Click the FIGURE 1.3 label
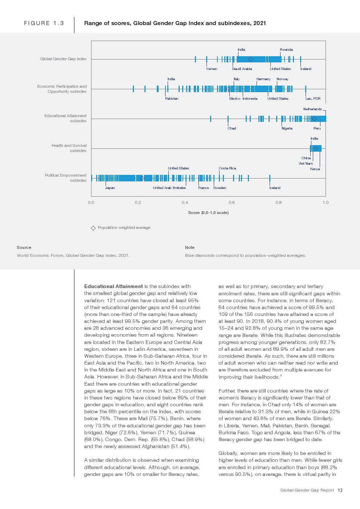(44, 23)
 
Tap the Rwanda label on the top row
(286, 50)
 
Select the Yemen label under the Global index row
(211, 69)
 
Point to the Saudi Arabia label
(242, 69)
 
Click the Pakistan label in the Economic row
(172, 99)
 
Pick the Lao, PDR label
(313, 99)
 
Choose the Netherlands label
(312, 109)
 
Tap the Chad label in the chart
(232, 128)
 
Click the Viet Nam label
(306, 164)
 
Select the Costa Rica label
(227, 168)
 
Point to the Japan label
(110, 188)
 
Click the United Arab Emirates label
(169, 188)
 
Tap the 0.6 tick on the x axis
(232, 202)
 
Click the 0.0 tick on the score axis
(91, 202)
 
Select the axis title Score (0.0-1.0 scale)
(208, 213)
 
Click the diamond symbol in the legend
(93, 228)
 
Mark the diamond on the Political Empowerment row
(142, 178)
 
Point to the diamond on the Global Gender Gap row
(250, 59)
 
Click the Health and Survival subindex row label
(69, 148)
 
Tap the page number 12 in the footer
(340, 490)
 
